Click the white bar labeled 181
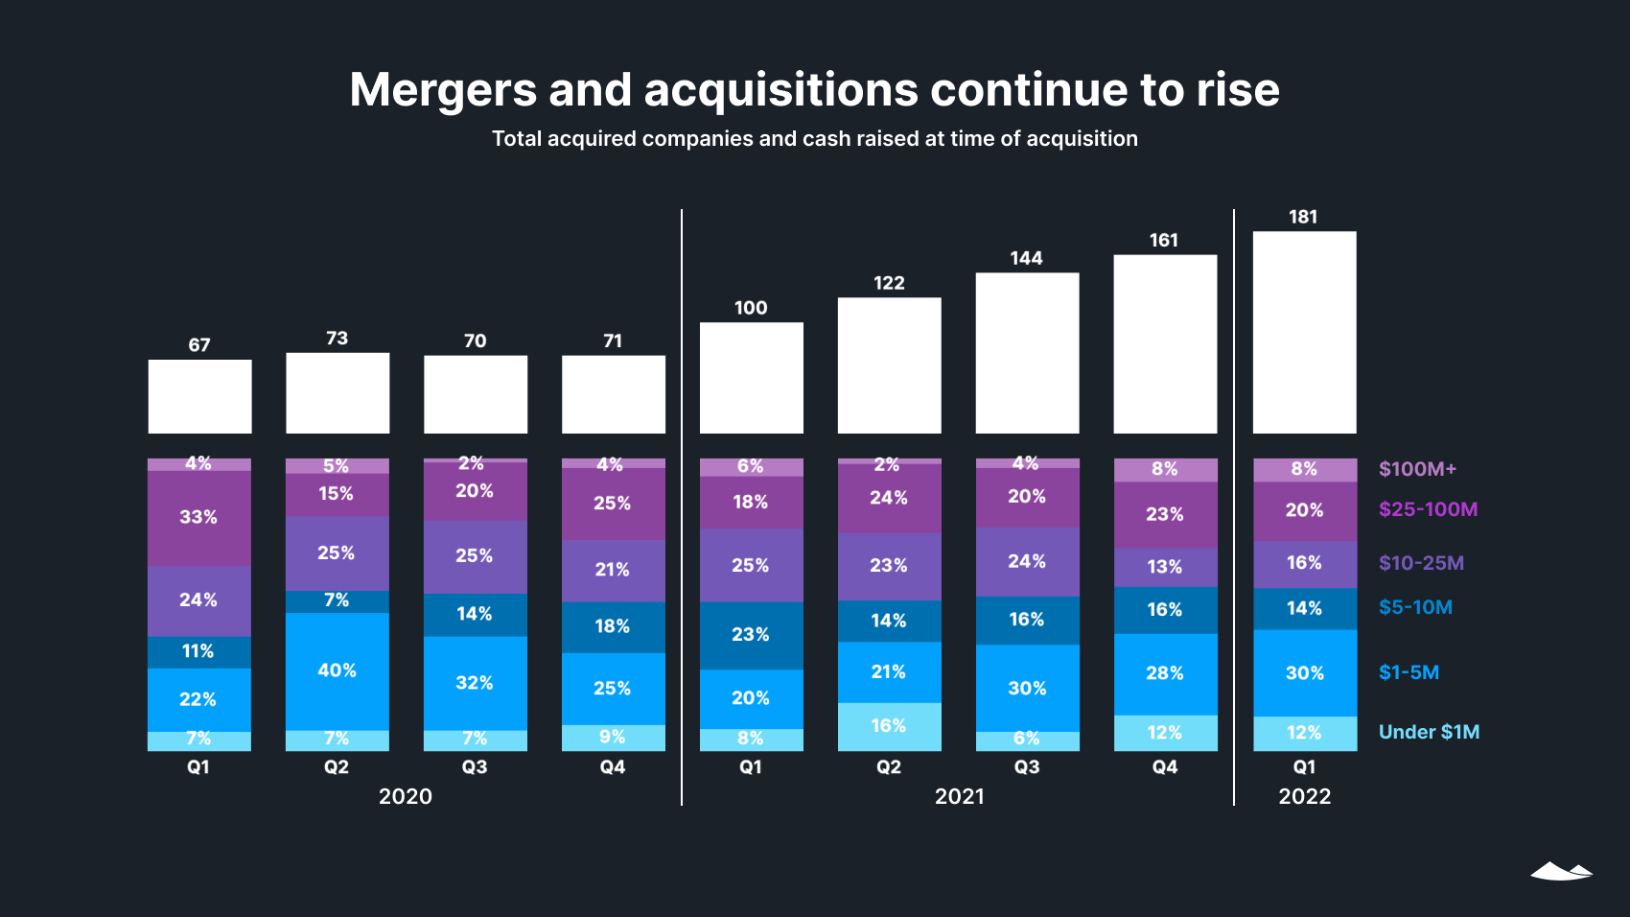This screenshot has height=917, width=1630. (1304, 332)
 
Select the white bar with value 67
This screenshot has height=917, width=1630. (199, 396)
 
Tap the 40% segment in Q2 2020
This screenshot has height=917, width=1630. (337, 670)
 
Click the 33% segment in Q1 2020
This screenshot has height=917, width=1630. (198, 517)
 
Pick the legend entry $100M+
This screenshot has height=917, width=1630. (1417, 469)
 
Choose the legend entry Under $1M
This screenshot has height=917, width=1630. (1429, 732)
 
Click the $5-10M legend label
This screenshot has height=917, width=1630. (1415, 607)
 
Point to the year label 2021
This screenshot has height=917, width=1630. (959, 796)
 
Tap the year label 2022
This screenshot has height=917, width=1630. (1304, 796)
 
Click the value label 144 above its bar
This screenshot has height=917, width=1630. (1026, 258)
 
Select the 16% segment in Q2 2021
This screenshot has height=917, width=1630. (889, 726)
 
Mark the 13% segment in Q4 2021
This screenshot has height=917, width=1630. (1165, 567)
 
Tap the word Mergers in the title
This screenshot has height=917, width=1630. (443, 90)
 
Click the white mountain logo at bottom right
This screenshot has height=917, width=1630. (1561, 871)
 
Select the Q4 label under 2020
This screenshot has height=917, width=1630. (613, 766)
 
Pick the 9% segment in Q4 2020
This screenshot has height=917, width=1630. (613, 737)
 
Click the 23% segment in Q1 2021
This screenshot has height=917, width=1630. (751, 635)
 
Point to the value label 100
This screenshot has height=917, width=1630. (751, 308)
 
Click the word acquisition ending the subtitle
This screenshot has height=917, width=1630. (1082, 139)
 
